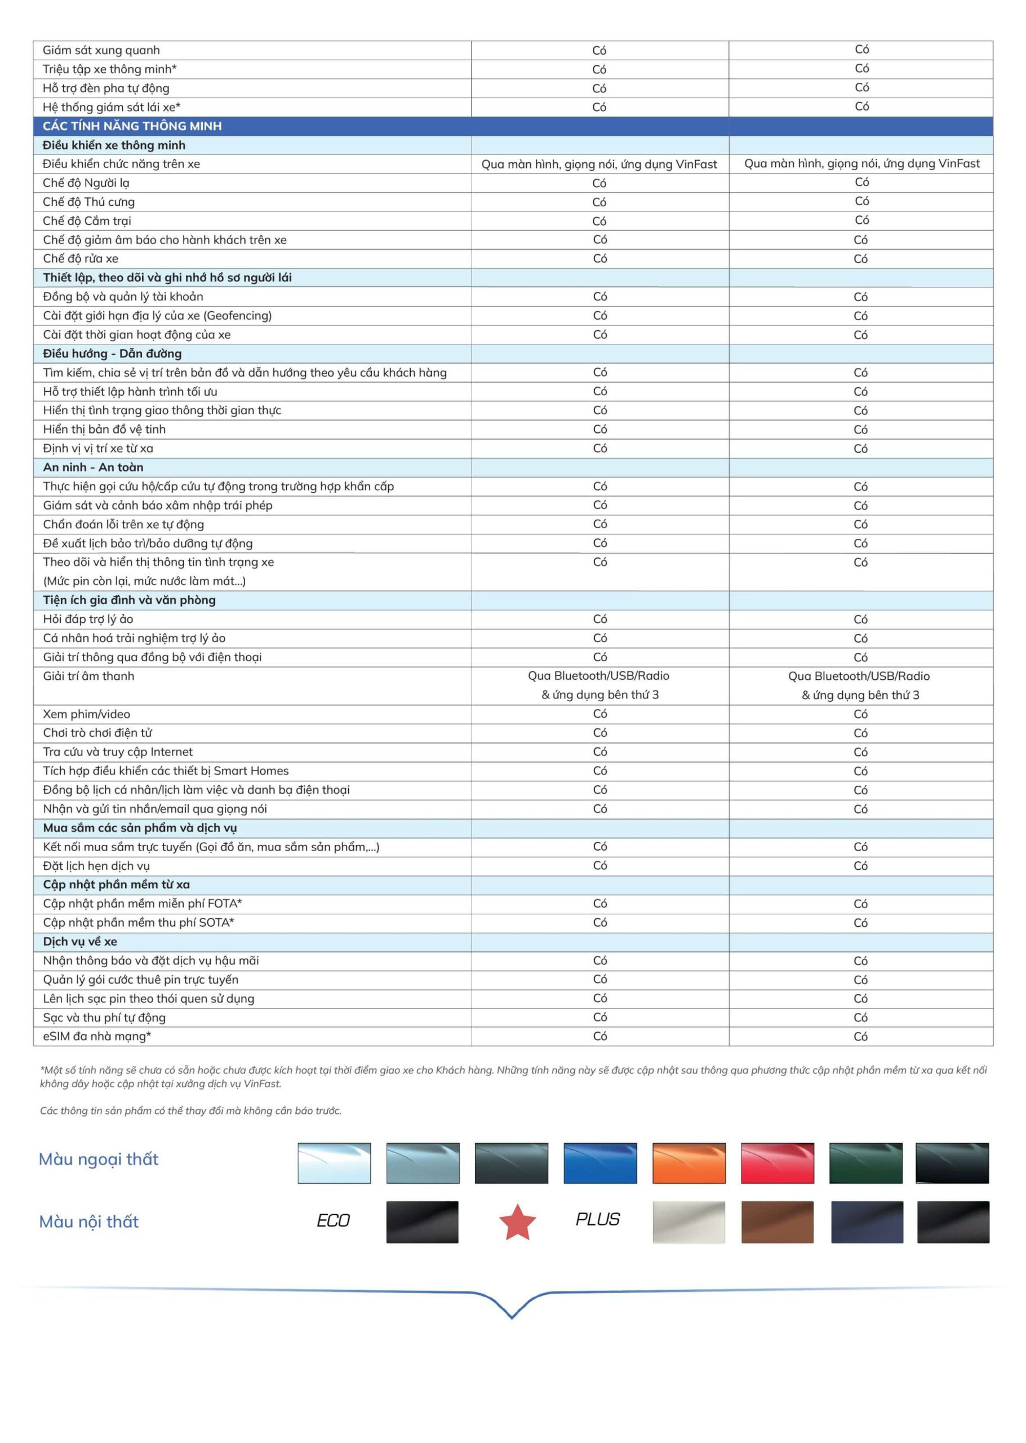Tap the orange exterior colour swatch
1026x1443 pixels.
(x=689, y=1162)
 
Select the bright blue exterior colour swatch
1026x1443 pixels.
(x=599, y=1162)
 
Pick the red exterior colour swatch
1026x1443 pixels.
(x=777, y=1162)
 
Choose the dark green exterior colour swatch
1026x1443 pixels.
(x=865, y=1162)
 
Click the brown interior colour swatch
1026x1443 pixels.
(x=777, y=1222)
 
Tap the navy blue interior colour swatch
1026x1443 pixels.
(x=867, y=1222)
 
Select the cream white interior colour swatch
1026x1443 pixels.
(x=689, y=1222)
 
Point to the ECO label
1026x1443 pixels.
(x=333, y=1220)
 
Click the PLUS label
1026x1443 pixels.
(x=598, y=1219)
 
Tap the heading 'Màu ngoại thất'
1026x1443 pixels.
(x=99, y=1159)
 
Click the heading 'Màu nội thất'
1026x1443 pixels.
(x=89, y=1221)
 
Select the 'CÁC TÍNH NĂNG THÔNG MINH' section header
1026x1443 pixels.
(x=132, y=126)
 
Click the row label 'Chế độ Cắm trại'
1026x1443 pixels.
(x=87, y=220)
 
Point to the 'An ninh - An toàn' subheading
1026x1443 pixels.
(x=94, y=467)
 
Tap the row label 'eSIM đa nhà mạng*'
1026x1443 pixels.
(x=97, y=1036)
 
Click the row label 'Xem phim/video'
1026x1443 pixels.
(x=87, y=714)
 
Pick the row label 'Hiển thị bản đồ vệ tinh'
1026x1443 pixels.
(x=104, y=429)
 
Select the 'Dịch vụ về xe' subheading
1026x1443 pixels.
(x=80, y=941)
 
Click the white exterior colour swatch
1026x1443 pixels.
(x=334, y=1162)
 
